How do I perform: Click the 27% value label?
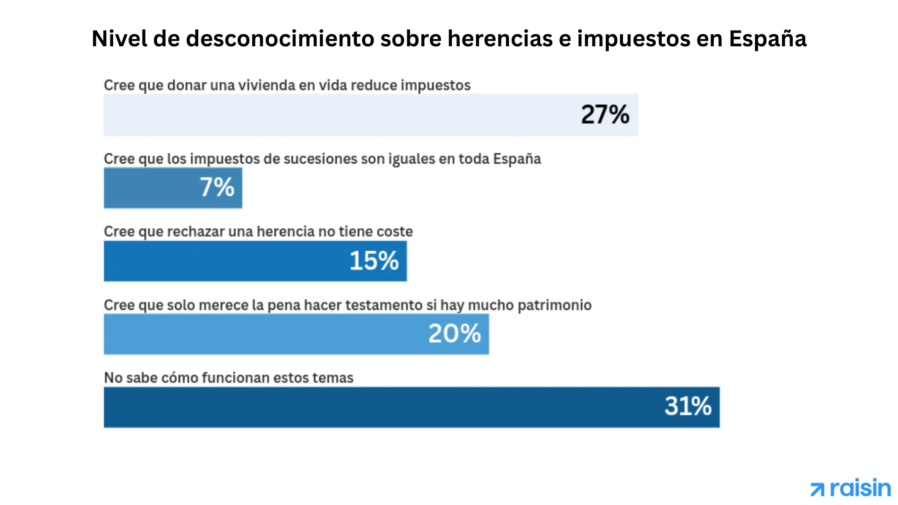coord(605,115)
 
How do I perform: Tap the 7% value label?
coord(217,188)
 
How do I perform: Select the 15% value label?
coord(374,261)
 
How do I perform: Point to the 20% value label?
coord(455,334)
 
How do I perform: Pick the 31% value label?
coord(688,406)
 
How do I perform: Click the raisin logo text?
coord(860,489)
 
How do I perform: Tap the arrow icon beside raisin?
coord(818,490)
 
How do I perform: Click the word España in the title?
coord(768,39)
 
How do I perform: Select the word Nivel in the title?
coord(119,39)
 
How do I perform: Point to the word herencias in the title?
coord(500,39)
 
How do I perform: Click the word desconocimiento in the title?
coord(280,39)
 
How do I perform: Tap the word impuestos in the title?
coord(633,39)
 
